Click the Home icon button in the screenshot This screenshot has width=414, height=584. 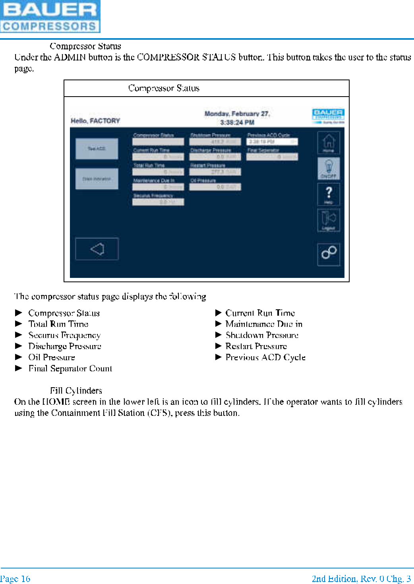coord(328,142)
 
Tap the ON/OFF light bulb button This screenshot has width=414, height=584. coord(328,168)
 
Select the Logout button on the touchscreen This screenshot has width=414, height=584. coord(328,220)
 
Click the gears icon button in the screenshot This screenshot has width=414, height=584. coord(329,254)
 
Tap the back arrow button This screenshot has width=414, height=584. coord(97,249)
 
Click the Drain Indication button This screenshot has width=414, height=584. coord(97,179)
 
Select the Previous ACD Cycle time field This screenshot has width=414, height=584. coord(272,142)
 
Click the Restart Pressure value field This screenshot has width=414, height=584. coord(215,172)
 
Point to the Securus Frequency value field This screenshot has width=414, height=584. coord(158,202)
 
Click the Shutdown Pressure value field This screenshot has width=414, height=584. coord(215,142)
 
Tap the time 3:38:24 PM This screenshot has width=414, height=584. coord(237,122)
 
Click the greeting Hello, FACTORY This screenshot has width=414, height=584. coord(95,121)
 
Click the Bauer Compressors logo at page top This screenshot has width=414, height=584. coord(50,16)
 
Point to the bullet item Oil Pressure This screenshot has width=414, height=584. coord(52,357)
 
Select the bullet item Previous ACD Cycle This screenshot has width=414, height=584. coord(265,357)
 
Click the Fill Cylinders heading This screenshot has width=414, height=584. coord(76,390)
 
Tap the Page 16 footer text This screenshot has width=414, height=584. coord(15,578)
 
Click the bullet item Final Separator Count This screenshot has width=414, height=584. coord(70,369)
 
